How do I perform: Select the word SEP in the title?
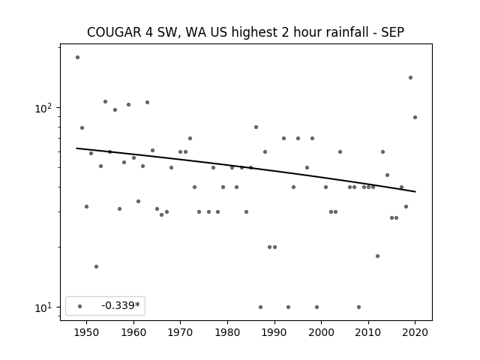tap(393, 32)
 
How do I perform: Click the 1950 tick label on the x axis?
tap(87, 332)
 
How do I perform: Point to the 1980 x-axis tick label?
tap(227, 332)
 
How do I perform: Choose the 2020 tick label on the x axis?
tap(415, 332)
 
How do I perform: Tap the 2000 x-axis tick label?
tap(321, 332)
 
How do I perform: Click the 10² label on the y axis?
tap(43, 107)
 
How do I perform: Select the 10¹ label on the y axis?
tap(43, 307)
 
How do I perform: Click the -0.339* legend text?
tap(121, 305)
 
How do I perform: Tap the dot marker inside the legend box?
tap(80, 306)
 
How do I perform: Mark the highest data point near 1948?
tap(77, 57)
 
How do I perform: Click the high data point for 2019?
tap(410, 77)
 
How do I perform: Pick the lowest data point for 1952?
tap(97, 267)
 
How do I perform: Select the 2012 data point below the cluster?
tap(377, 256)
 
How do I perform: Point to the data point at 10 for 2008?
tap(358, 307)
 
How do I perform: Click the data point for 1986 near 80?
tap(256, 127)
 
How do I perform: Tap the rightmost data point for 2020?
tap(415, 117)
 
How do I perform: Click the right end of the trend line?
tap(415, 192)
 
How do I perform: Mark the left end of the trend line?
tap(76, 148)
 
